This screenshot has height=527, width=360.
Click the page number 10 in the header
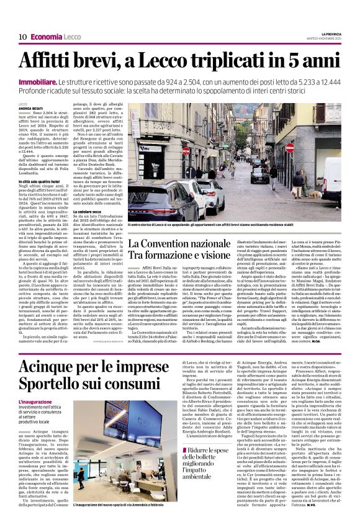click(x=22, y=37)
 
